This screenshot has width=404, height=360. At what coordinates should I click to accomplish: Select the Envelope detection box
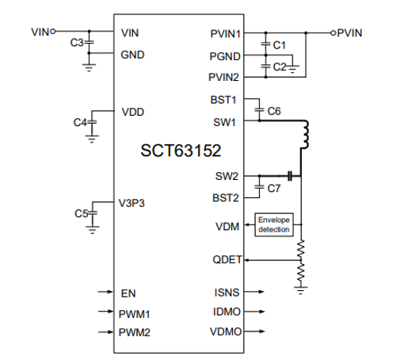tap(273, 224)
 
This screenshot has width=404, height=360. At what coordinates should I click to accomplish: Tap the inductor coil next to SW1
tap(304, 136)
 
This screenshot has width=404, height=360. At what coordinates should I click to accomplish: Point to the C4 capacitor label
tap(79, 122)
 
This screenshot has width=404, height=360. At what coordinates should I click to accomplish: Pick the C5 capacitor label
tap(80, 213)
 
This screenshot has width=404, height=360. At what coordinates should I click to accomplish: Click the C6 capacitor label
tap(274, 112)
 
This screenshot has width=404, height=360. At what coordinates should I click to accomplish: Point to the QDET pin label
tap(227, 259)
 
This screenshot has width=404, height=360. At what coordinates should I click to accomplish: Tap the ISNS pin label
tap(228, 293)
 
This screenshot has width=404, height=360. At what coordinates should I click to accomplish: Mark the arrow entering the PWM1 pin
tap(104, 312)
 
